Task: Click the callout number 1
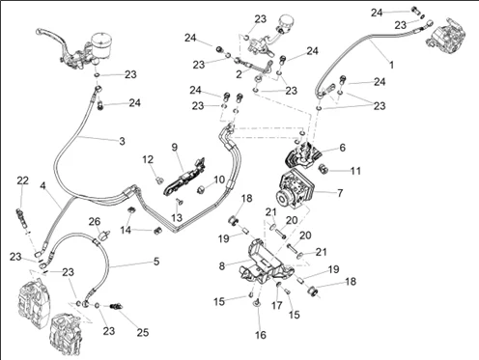[391, 65]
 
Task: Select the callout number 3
[122, 141]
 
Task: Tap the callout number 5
[156, 261]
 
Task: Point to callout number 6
[342, 148]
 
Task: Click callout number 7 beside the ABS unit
[340, 193]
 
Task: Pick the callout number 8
[222, 266]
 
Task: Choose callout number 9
[175, 148]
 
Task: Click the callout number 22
[22, 180]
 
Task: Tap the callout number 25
[143, 332]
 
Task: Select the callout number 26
[95, 221]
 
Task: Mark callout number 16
[261, 335]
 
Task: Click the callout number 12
[148, 159]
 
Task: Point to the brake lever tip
[38, 31]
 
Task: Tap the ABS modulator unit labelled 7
[296, 191]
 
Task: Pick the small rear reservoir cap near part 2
[284, 22]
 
